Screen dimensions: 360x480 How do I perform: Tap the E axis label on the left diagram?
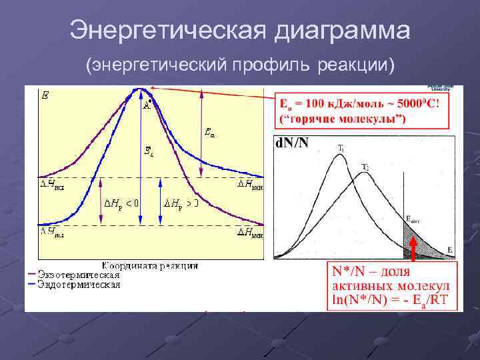coord(45,96)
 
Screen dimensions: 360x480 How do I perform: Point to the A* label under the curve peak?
coord(148,104)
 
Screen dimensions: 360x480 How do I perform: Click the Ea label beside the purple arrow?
coord(209,133)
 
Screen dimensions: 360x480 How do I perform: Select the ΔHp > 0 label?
coord(182,202)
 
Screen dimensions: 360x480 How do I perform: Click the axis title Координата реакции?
coord(150,265)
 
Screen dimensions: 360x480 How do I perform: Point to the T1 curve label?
coord(340,148)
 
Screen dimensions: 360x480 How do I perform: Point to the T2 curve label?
coord(365,166)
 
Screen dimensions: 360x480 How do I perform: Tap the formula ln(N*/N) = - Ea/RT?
coord(392,300)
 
